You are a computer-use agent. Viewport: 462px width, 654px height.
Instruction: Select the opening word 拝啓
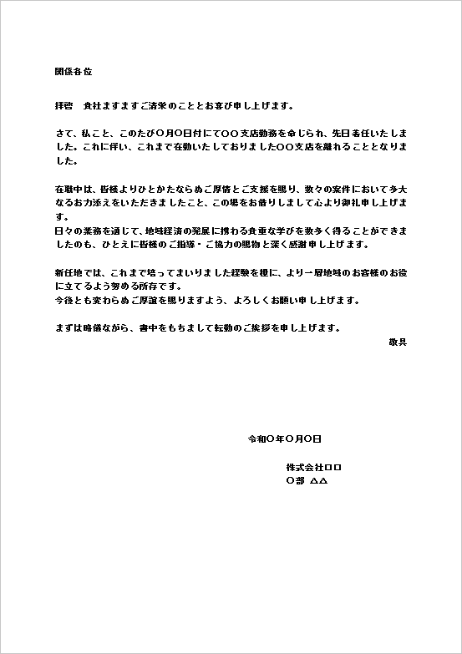click(64, 107)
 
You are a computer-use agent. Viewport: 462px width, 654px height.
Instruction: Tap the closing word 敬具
click(397, 342)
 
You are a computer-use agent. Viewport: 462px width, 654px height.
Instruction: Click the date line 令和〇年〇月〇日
click(285, 439)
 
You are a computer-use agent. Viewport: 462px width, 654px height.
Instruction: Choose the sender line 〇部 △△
click(307, 481)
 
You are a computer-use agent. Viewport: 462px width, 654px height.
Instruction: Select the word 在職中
click(69, 190)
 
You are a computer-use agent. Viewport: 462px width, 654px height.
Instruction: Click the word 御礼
click(345, 203)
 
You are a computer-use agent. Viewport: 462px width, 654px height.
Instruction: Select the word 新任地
click(69, 272)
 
